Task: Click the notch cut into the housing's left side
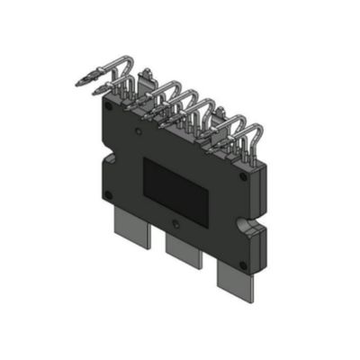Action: click(100, 162)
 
